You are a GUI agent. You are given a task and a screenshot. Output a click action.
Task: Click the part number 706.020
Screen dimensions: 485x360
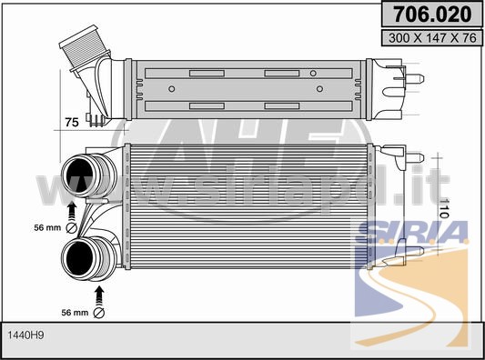tap(432, 15)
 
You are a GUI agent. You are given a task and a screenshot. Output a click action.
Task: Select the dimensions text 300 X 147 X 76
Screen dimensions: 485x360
tap(432, 38)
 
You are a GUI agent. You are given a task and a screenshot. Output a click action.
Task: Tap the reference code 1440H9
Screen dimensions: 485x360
tap(25, 335)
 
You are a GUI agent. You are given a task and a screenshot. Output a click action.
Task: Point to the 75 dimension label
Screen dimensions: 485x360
tap(72, 122)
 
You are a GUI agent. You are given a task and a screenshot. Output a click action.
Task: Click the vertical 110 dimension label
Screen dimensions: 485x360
tap(444, 208)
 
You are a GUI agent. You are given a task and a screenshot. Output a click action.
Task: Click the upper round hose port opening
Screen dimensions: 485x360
tap(79, 176)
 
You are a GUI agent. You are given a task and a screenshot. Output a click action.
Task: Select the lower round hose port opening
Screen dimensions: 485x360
tap(79, 258)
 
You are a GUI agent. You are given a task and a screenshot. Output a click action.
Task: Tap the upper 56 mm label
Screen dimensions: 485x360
tap(47, 228)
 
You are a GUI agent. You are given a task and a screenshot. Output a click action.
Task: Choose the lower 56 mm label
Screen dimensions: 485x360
tap(75, 313)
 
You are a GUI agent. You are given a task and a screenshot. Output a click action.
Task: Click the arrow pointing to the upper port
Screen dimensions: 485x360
tap(72, 211)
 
